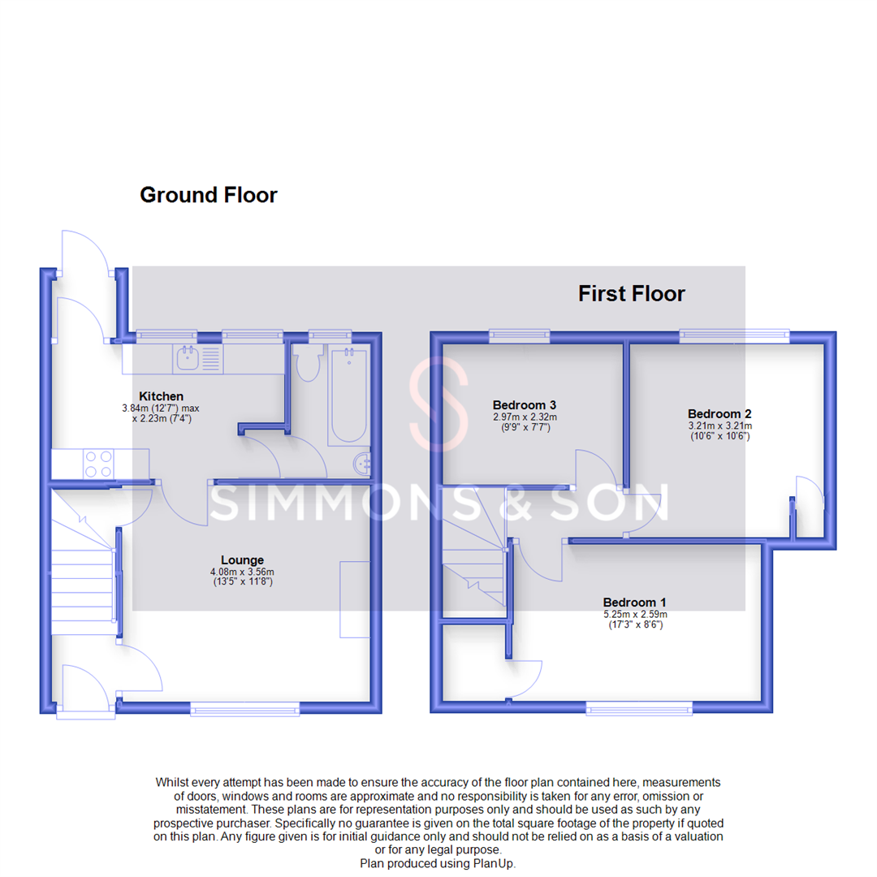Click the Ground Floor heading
209,196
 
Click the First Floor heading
631,293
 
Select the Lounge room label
242,559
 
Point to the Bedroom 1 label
634,602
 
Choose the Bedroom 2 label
713,413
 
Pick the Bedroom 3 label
525,404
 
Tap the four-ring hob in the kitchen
97,464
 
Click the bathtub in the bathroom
348,396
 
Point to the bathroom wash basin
363,464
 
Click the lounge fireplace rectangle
354,598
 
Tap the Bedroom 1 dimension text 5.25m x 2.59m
634,614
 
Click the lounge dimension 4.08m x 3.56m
242,572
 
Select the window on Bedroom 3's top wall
518,333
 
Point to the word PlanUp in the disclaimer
495,864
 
